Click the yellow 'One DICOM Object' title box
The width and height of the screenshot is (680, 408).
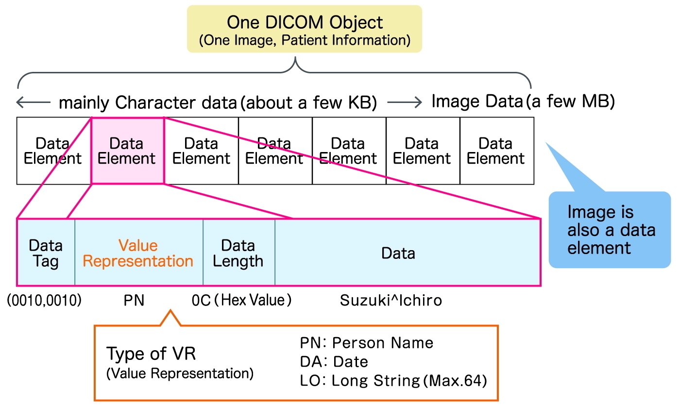pyautogui.click(x=305, y=29)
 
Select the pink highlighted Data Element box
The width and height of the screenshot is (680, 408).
pyautogui.click(x=127, y=151)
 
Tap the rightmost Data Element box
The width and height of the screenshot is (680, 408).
pyautogui.click(x=496, y=151)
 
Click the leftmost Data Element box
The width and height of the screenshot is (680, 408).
pyautogui.click(x=53, y=151)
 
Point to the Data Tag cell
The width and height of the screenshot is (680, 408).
pyautogui.click(x=46, y=253)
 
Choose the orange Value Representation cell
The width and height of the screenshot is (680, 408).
pyautogui.click(x=138, y=253)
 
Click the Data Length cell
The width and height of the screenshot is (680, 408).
pyautogui.click(x=238, y=253)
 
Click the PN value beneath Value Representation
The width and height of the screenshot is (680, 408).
pyautogui.click(x=134, y=301)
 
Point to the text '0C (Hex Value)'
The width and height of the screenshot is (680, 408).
pyautogui.click(x=242, y=301)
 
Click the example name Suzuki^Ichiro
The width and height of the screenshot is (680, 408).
pyautogui.click(x=391, y=301)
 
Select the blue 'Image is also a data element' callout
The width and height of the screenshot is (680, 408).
pyautogui.click(x=610, y=229)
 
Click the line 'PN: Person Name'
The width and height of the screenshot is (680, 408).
pyautogui.click(x=367, y=343)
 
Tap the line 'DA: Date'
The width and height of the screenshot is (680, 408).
pyautogui.click(x=334, y=362)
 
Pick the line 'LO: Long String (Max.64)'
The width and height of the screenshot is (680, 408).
pyautogui.click(x=393, y=381)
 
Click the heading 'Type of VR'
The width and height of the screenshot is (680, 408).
pyautogui.click(x=151, y=354)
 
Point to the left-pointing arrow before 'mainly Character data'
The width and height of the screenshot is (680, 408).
pyautogui.click(x=34, y=102)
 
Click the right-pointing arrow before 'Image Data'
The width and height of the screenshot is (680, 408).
pyautogui.click(x=404, y=102)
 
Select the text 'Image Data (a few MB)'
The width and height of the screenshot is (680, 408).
pyautogui.click(x=524, y=102)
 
